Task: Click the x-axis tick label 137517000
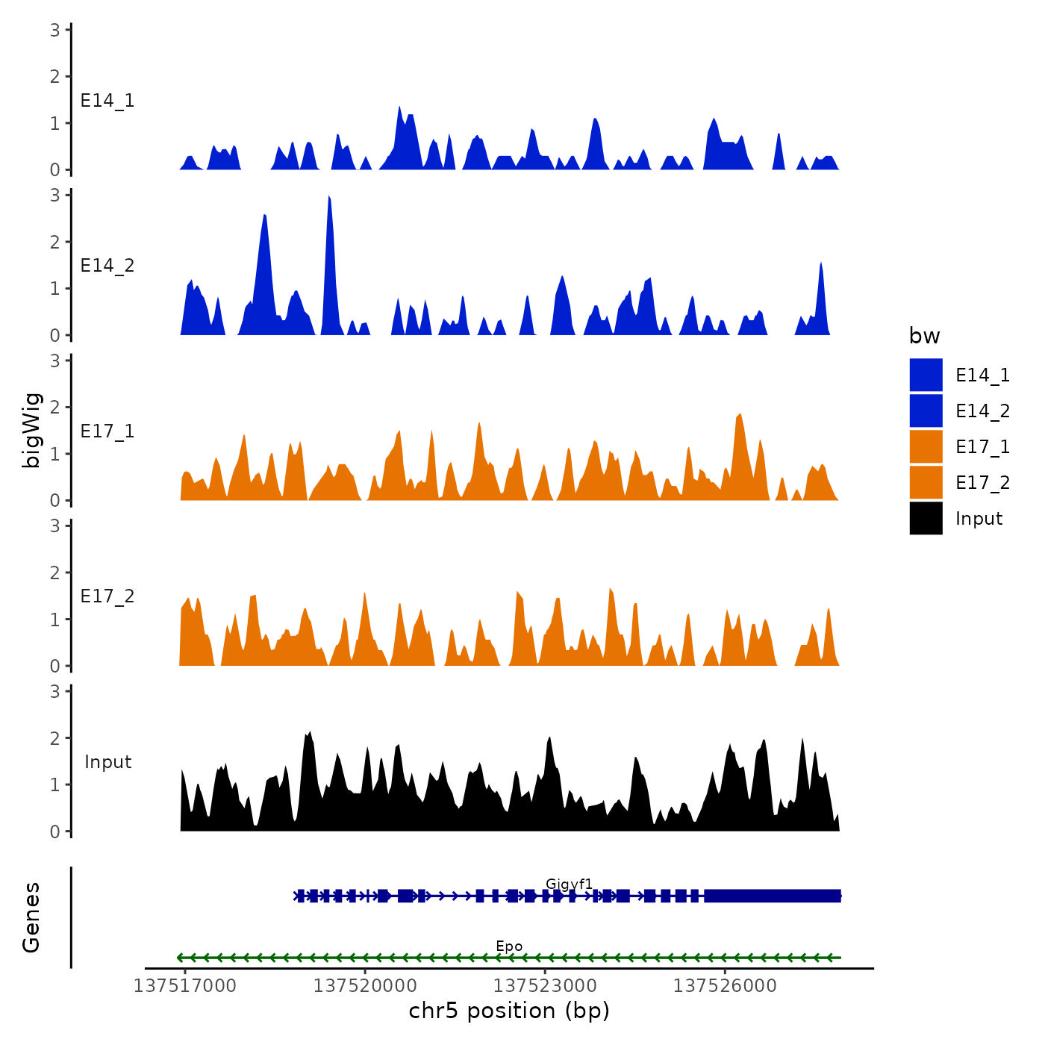click(x=185, y=985)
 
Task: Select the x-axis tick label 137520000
click(x=365, y=985)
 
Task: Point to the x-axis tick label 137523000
click(x=545, y=985)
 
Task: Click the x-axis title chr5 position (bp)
click(x=509, y=1011)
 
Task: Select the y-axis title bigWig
click(x=31, y=430)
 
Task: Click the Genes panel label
click(x=31, y=917)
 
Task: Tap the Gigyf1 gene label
click(x=569, y=885)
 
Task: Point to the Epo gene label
click(x=509, y=946)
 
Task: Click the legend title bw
click(x=924, y=337)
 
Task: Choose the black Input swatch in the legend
click(x=926, y=518)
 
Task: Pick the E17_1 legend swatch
click(x=926, y=446)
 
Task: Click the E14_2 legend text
click(x=982, y=411)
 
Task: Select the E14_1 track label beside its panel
click(x=107, y=101)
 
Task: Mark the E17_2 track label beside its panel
click(x=107, y=596)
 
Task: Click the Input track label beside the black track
click(x=107, y=762)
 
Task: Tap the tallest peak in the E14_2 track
click(x=329, y=199)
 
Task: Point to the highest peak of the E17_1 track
click(x=739, y=415)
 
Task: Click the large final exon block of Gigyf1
click(x=773, y=896)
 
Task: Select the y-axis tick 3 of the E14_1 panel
click(x=55, y=30)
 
